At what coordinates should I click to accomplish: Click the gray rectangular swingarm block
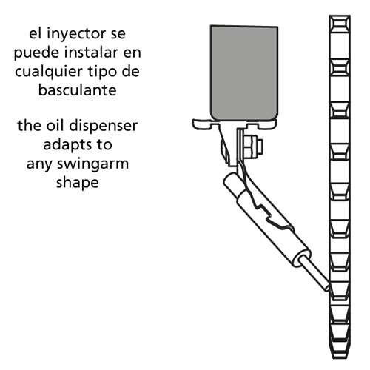pos(244,73)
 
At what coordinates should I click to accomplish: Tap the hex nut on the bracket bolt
pos(250,147)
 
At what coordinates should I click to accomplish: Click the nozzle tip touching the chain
pos(327,287)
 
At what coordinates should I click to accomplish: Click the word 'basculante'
pos(78,90)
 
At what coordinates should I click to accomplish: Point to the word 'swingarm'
pos(93,164)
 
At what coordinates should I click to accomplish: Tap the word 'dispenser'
pos(104,127)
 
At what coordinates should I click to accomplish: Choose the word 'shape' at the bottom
pos(78,184)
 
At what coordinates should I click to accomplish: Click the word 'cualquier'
pos(49,73)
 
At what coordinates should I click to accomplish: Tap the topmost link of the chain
pos(340,24)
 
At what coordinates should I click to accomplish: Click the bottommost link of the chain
pos(340,349)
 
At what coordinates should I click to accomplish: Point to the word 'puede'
pos(36,53)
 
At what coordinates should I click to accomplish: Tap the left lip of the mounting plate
pos(201,124)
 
